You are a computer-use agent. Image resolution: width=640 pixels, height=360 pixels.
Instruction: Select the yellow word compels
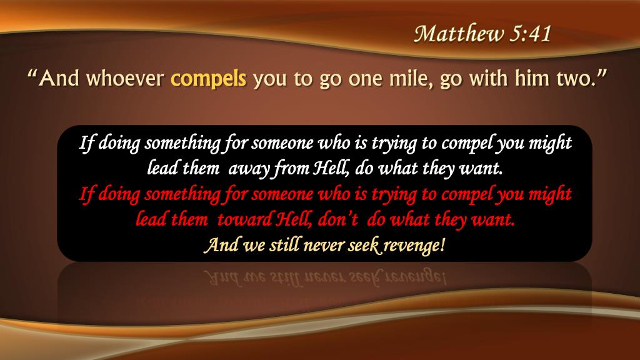(209, 80)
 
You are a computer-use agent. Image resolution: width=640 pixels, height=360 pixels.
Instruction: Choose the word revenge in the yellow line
(415, 246)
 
